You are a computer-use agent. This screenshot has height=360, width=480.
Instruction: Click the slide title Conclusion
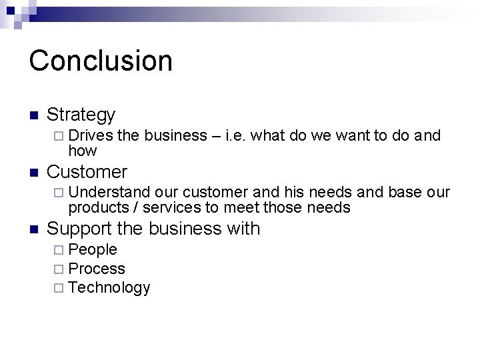click(101, 60)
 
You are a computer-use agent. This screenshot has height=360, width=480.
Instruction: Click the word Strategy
click(81, 115)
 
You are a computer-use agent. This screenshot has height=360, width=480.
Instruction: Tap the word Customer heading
click(87, 171)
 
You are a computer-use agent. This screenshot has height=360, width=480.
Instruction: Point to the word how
click(83, 151)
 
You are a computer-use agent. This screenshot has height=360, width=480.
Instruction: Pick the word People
click(93, 250)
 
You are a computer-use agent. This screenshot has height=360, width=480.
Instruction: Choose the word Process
click(97, 269)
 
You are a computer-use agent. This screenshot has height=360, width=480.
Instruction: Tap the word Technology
click(109, 287)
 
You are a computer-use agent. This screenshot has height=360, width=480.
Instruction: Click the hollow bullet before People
click(60, 251)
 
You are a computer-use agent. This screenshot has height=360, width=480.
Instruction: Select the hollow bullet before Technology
click(60, 288)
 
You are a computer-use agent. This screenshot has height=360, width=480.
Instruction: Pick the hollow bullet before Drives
click(60, 137)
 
